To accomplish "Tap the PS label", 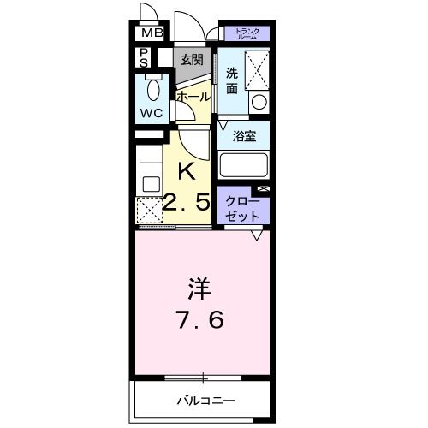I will click(144, 59).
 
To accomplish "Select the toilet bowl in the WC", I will click(153, 89).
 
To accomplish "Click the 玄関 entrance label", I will click(192, 59).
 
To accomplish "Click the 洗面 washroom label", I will click(231, 80).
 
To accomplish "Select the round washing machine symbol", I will click(258, 103).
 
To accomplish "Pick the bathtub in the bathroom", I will click(244, 164).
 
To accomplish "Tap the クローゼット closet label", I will click(242, 207).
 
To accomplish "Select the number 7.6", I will click(199, 321).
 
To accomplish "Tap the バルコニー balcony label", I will click(206, 400).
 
